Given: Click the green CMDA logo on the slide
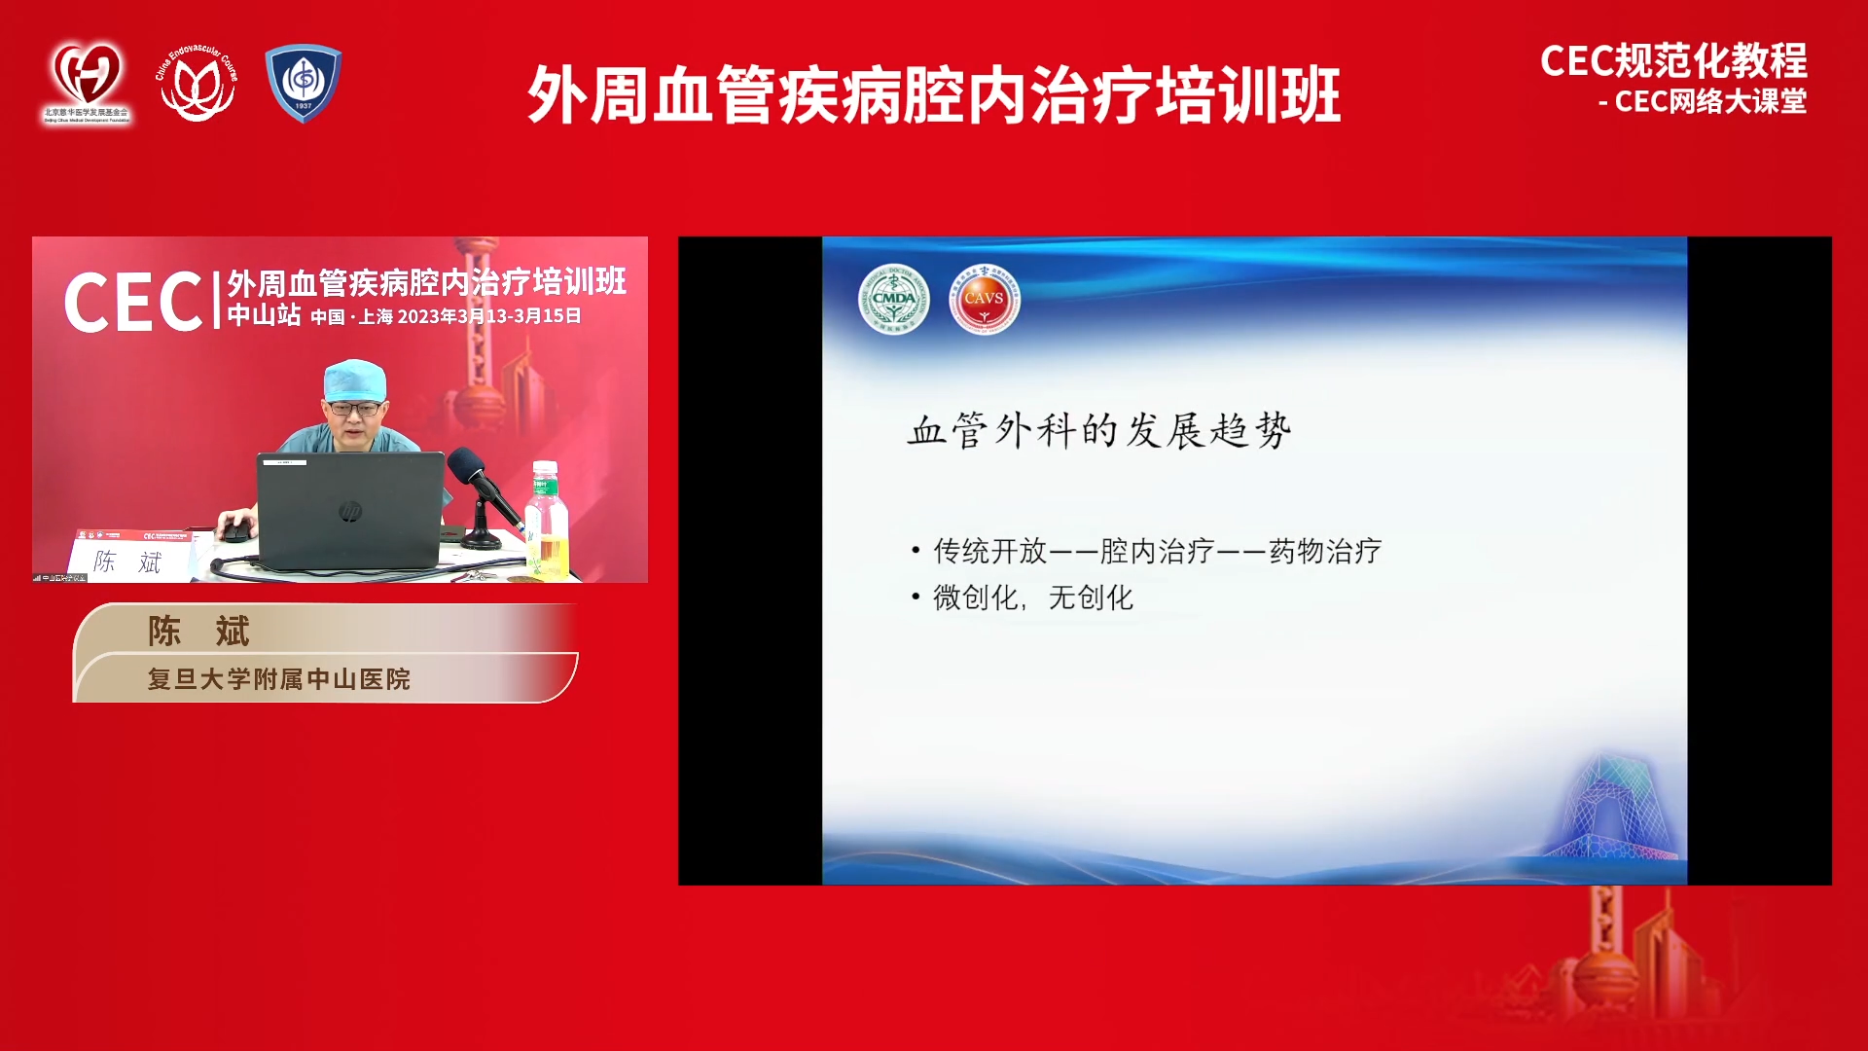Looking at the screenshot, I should [x=893, y=299].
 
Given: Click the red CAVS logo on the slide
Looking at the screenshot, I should [x=984, y=299].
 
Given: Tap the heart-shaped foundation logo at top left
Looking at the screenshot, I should [x=87, y=82].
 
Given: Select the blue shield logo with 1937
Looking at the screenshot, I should [x=304, y=83].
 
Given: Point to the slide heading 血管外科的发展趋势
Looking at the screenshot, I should [x=1098, y=430].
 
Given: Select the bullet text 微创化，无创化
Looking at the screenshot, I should [x=1032, y=598].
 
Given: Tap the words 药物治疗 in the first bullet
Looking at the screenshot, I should [x=1324, y=551].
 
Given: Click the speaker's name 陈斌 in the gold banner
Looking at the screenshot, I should [x=198, y=631].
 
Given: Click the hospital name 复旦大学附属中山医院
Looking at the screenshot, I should [x=278, y=678].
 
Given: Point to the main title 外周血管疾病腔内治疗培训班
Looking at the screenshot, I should [x=934, y=94].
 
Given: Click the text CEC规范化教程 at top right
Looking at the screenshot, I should [x=1672, y=60].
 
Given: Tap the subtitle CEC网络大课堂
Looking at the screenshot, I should [x=1709, y=101].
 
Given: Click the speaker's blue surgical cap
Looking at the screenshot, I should [x=354, y=379].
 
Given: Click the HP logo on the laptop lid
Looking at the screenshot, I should [x=350, y=511].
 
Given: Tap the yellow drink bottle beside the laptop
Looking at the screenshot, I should [x=547, y=524].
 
